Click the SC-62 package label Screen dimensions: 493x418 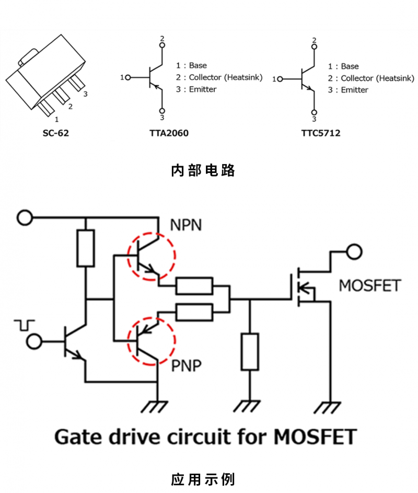pos(56,133)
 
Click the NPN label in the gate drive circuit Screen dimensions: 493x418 pos(186,226)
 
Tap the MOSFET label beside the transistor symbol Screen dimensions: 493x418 pos(370,286)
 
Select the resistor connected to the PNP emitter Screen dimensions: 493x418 pos(194,312)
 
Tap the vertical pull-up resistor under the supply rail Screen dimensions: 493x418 pos(86,248)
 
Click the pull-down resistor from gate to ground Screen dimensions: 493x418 pos(250,351)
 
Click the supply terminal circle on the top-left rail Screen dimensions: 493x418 pos(25,216)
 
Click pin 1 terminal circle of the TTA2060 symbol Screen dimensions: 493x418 pos(127,77)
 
